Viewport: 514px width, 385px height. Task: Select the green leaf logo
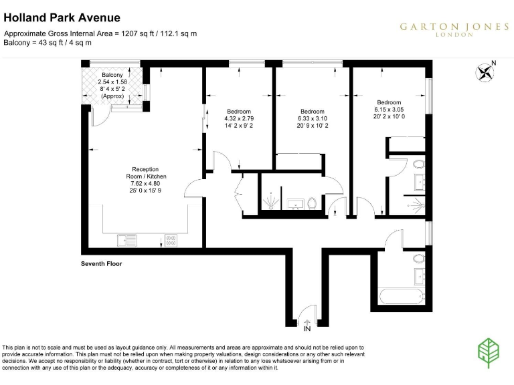coord(489,351)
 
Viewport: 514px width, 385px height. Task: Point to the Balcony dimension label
coord(112,86)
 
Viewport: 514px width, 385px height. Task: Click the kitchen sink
coord(126,239)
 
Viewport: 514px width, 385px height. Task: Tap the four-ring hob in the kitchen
coord(171,239)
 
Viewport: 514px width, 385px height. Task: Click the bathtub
coord(399,297)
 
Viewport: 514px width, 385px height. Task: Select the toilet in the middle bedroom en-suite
coord(313,203)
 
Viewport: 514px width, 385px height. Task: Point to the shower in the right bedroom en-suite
coord(418,205)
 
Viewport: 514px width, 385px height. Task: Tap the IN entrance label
coord(307,329)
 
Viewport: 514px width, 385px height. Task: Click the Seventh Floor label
coord(96,264)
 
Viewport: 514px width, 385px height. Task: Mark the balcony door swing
coord(100,118)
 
